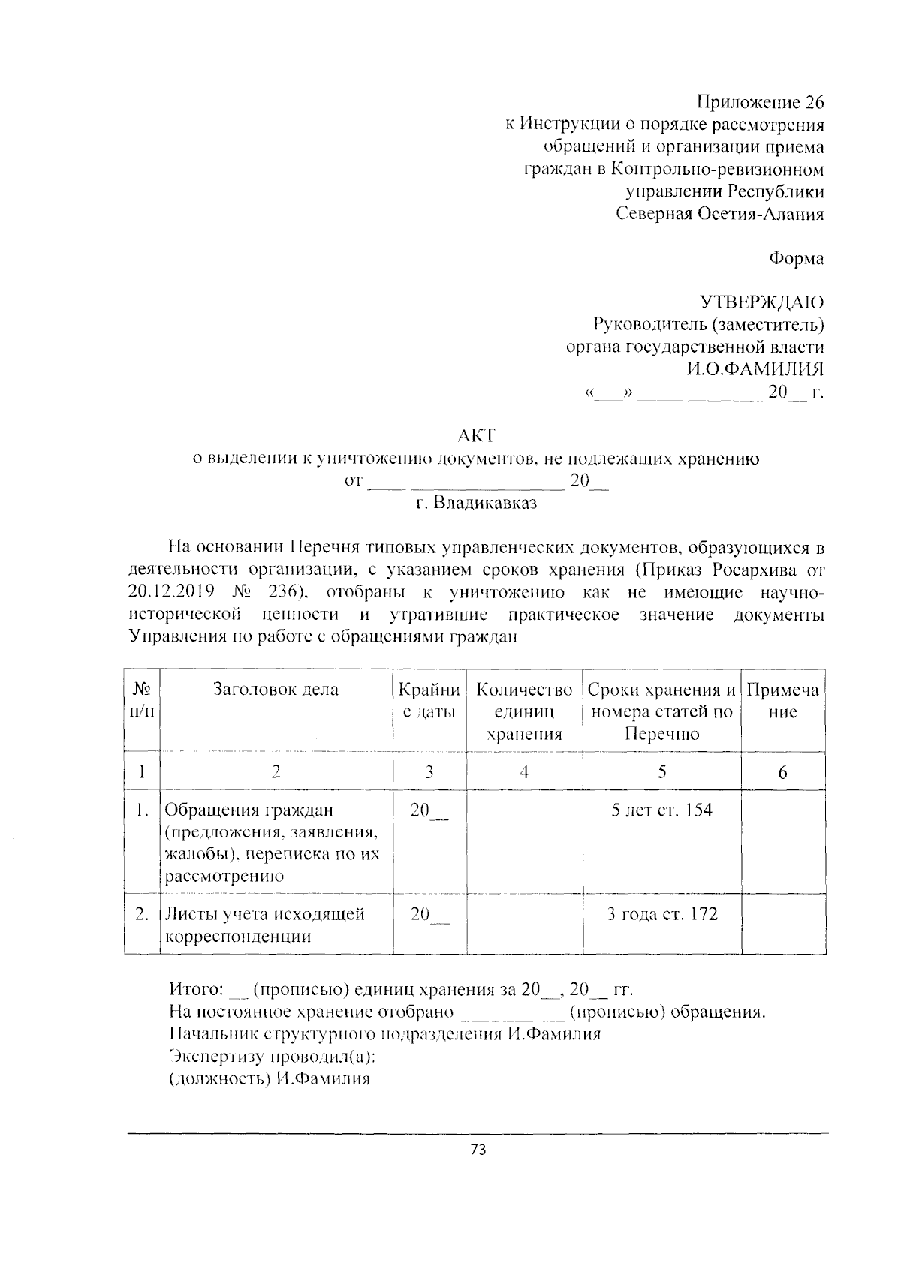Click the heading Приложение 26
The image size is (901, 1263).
coord(760,102)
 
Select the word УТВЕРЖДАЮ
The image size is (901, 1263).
coord(762,302)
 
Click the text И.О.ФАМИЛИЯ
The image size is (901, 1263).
coord(754,369)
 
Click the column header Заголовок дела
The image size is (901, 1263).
coord(276,690)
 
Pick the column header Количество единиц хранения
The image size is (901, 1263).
coord(524,711)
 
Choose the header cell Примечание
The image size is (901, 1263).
coord(782,700)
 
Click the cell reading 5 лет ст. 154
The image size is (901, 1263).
coord(661,810)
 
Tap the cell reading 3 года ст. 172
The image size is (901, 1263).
coord(661,914)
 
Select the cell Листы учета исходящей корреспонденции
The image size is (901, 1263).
coord(264,925)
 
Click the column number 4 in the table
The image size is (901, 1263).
coord(524,771)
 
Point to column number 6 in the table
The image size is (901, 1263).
coord(782,772)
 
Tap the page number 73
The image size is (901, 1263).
coord(478,1150)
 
